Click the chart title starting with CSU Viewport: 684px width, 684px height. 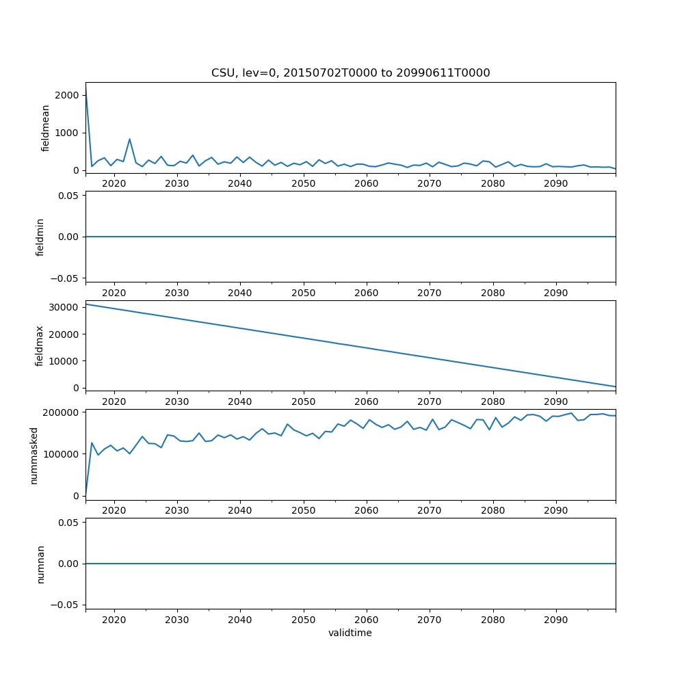click(x=350, y=73)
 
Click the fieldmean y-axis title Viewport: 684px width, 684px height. click(x=46, y=128)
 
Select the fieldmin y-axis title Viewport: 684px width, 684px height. click(x=40, y=237)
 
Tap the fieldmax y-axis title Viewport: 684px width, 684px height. click(x=40, y=345)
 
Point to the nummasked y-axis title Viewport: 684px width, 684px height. click(x=34, y=455)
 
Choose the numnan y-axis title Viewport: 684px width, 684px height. click(x=40, y=564)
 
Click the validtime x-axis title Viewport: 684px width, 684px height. click(x=350, y=633)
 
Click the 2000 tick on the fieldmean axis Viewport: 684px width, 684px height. click(x=68, y=95)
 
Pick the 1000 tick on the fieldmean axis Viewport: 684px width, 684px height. click(x=68, y=133)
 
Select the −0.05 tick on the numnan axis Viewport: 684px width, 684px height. click(x=68, y=605)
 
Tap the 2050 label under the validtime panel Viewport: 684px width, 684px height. click(x=303, y=620)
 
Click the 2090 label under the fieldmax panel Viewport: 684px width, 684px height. click(x=555, y=402)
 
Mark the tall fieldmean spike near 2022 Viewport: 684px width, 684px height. click(x=129, y=139)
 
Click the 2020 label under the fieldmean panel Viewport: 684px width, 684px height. click(x=114, y=185)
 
